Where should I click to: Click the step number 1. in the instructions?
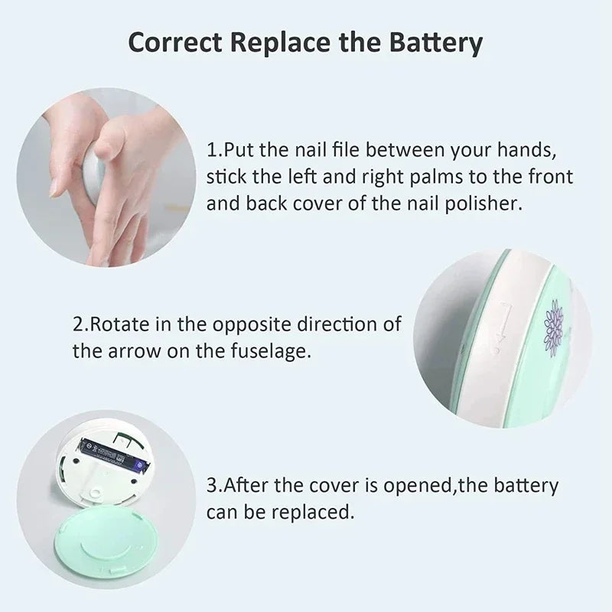tap(213, 148)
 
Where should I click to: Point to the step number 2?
tap(81, 324)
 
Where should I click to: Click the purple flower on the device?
tap(552, 324)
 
